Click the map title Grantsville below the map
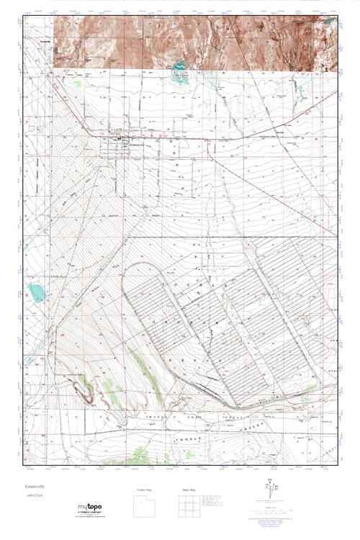(x=37, y=486)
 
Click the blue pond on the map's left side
(x=34, y=292)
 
